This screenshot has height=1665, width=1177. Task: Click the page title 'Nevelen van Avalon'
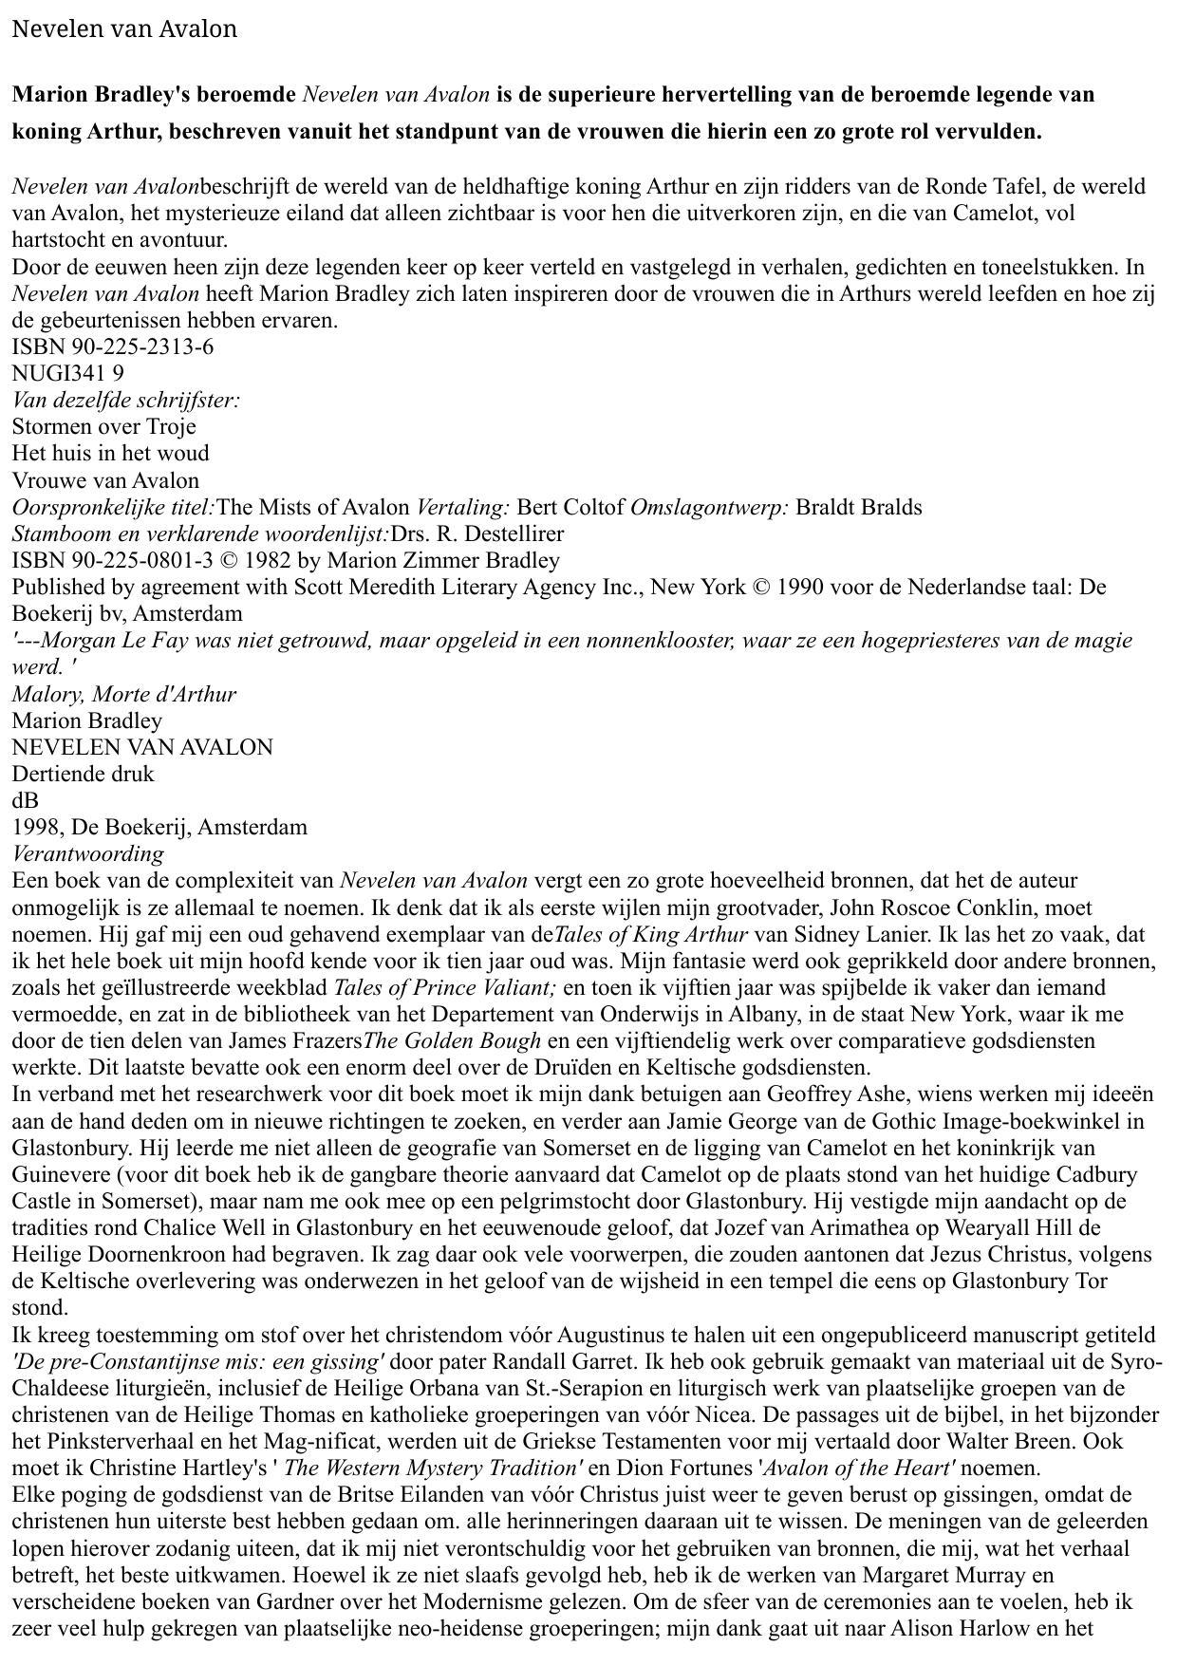pyautogui.click(x=124, y=29)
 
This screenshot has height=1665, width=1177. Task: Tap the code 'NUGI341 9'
pyautogui.click(x=67, y=373)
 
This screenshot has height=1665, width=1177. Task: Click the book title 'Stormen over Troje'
pyautogui.click(x=103, y=426)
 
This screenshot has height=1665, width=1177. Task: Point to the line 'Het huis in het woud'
pyautogui.click(x=110, y=453)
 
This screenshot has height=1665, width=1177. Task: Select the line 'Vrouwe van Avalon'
pyautogui.click(x=105, y=480)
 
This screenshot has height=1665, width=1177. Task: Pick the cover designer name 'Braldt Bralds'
pyautogui.click(x=858, y=507)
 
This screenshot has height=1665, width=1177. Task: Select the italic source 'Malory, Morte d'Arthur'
pyautogui.click(x=124, y=694)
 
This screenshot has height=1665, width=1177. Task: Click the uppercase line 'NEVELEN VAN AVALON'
pyautogui.click(x=142, y=747)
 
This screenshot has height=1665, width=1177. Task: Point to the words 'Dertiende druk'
pyautogui.click(x=83, y=774)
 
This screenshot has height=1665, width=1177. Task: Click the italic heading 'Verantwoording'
pyautogui.click(x=87, y=853)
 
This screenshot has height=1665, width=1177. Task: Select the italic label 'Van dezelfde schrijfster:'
pyautogui.click(x=126, y=400)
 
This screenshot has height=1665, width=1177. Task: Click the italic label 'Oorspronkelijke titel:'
pyautogui.click(x=114, y=507)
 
